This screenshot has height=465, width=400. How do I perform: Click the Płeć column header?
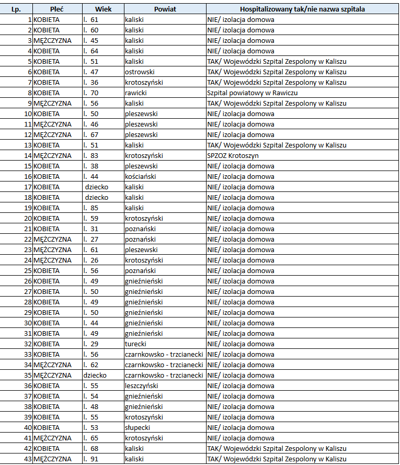58,9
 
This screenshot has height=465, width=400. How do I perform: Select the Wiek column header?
103,9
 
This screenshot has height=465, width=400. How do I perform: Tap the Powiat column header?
165,9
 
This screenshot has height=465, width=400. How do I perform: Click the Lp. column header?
16,9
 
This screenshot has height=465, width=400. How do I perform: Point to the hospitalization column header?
302,9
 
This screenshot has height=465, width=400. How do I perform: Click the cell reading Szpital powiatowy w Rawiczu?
253,93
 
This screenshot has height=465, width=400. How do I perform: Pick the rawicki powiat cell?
136,93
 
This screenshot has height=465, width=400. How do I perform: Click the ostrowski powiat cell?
140,72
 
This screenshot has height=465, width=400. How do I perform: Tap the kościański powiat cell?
140,176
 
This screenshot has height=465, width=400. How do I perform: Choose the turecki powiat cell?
135,344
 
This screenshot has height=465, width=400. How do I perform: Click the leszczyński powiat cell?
142,385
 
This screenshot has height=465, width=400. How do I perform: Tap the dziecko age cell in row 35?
95,375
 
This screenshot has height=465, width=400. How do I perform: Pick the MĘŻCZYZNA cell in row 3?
52,40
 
